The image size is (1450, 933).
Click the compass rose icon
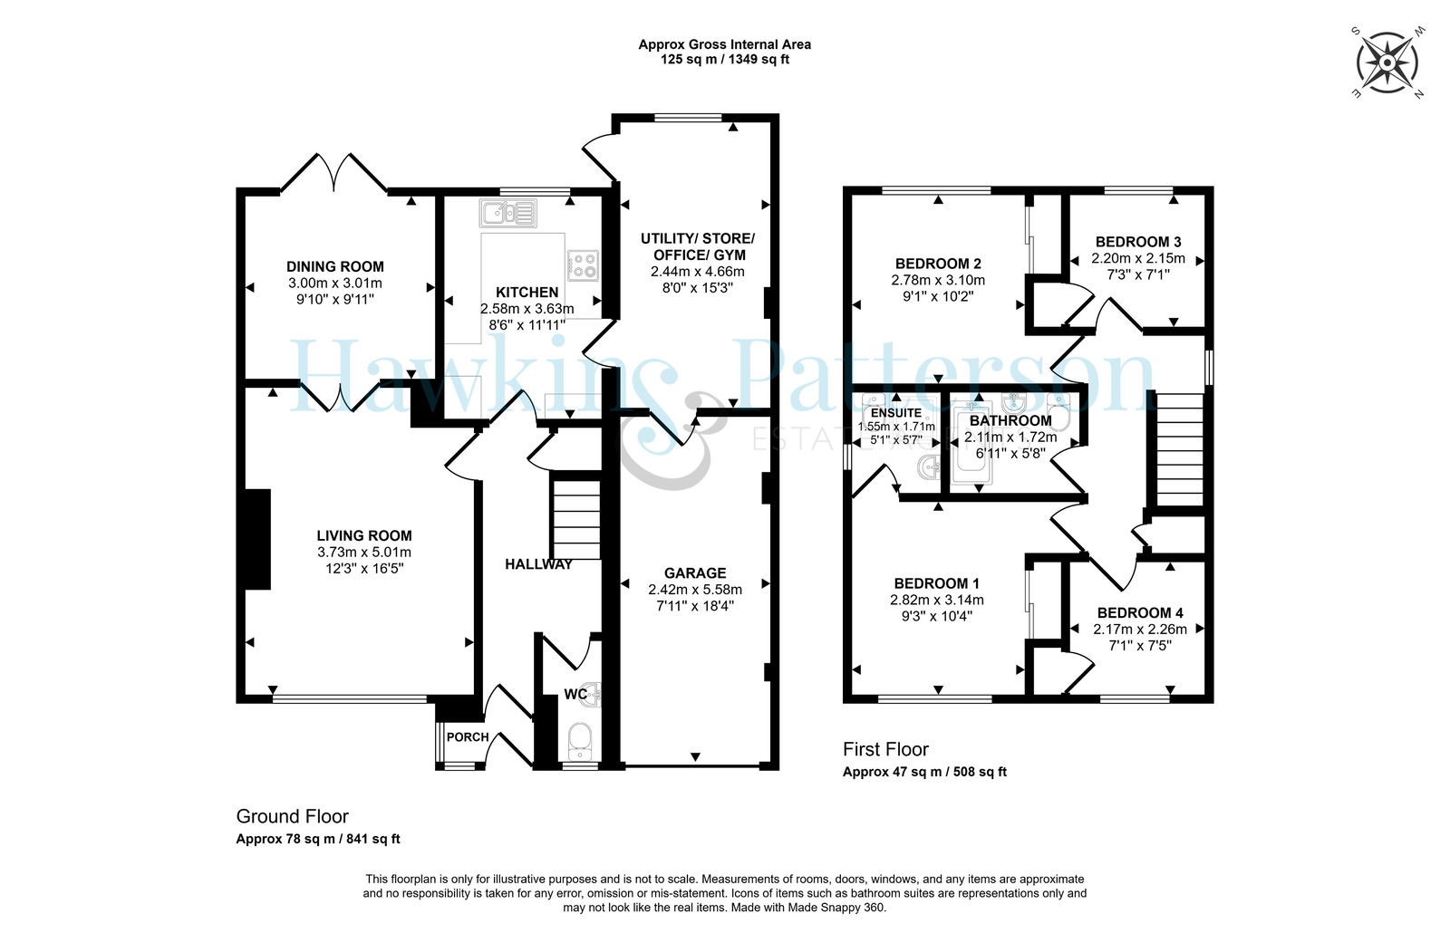[x=1387, y=63]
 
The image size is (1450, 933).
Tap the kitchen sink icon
[x=508, y=213]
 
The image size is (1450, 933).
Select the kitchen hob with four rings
[x=583, y=265]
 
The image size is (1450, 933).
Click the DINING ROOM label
[x=334, y=266]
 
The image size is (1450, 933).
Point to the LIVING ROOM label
[x=363, y=535]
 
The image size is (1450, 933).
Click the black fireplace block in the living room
[x=257, y=540]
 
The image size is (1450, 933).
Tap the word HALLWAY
[x=538, y=564]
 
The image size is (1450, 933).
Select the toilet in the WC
[x=579, y=743]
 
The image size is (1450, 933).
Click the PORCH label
[x=468, y=737]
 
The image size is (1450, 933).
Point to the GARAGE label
[x=695, y=573]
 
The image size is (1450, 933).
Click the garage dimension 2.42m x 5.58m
[x=695, y=590]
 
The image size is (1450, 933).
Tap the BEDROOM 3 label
[x=1138, y=242]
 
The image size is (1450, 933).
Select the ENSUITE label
[x=896, y=413]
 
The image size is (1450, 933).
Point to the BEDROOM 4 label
[x=1140, y=612]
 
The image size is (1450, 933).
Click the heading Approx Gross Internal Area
[x=724, y=44]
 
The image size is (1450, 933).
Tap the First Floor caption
[x=885, y=749]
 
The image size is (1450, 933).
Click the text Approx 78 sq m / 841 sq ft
[x=318, y=839]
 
